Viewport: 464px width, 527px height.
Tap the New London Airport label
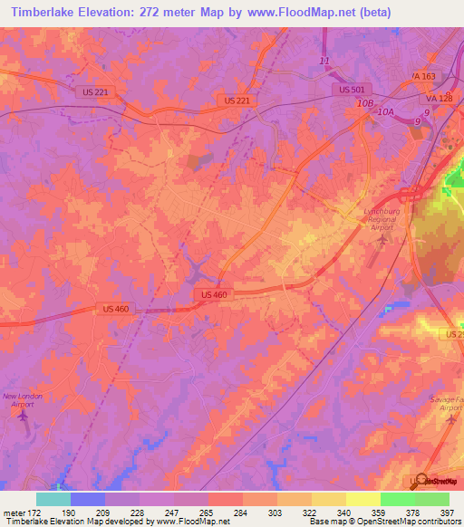pos(22,400)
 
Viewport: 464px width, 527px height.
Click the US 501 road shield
pos(353,89)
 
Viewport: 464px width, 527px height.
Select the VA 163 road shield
pos(423,76)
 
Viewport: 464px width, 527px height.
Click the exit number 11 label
pos(326,61)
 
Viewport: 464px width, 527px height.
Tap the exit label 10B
pos(364,104)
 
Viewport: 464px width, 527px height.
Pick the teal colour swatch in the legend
pos(53,499)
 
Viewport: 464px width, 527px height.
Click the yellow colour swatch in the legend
pos(362,499)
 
